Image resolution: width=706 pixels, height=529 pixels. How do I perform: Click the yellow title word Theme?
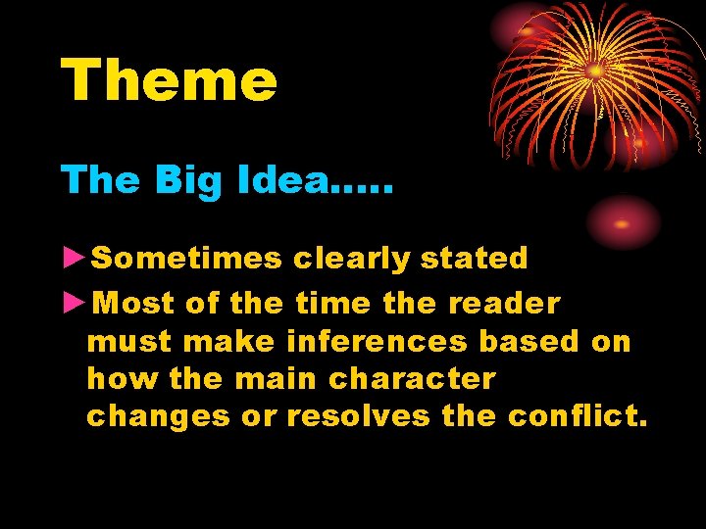(x=169, y=80)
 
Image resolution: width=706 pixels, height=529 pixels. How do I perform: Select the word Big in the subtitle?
(x=176, y=180)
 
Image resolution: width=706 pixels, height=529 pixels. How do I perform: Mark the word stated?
(x=474, y=258)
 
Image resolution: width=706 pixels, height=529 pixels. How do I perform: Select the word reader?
(x=504, y=303)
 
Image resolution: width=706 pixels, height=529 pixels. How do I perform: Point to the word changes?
(x=158, y=416)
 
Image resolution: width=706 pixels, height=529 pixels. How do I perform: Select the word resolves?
(x=358, y=415)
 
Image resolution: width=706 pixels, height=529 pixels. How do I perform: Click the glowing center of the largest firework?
(x=594, y=71)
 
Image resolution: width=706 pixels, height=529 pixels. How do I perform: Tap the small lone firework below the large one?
(x=622, y=223)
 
